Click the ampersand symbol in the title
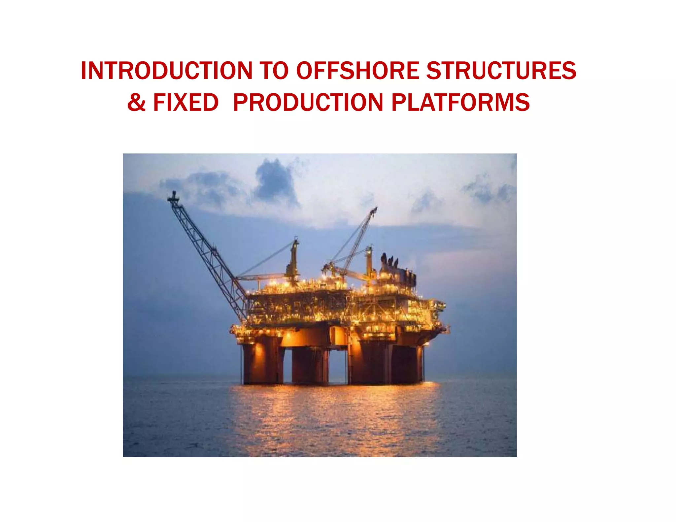(x=136, y=102)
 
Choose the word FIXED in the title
(x=186, y=102)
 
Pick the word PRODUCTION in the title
(x=308, y=102)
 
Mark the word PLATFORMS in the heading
(x=460, y=102)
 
